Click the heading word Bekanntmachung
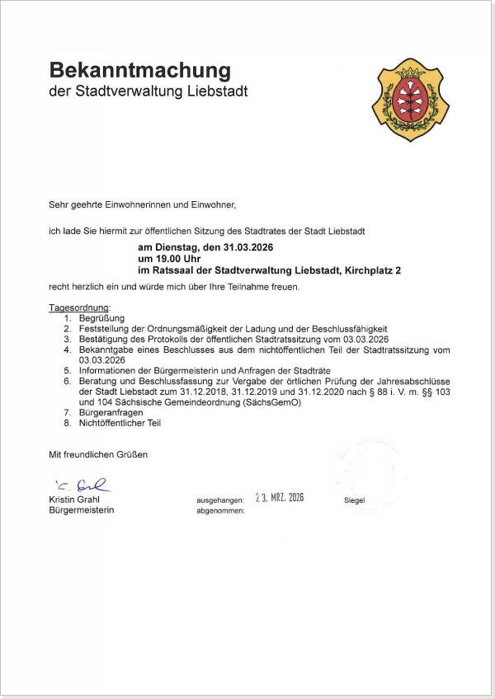point(139,69)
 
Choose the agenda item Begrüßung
point(101,318)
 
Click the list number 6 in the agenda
point(68,382)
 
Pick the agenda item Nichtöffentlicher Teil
point(120,423)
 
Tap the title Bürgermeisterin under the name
point(82,510)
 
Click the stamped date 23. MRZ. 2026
point(280,498)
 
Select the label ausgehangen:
point(220,500)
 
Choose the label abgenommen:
point(220,511)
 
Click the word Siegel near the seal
point(354,500)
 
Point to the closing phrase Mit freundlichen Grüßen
point(98,454)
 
